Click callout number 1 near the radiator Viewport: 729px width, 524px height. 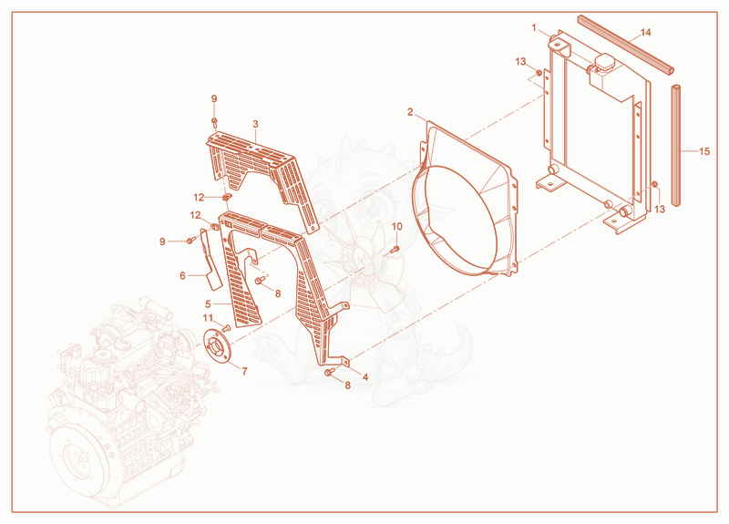(x=534, y=28)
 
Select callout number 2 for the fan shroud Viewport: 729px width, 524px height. (x=409, y=112)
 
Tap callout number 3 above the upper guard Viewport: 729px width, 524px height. (x=256, y=124)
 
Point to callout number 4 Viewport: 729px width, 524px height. (x=365, y=377)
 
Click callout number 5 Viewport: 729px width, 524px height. (x=208, y=304)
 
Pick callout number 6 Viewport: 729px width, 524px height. (x=183, y=276)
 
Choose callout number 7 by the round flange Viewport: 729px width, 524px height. (x=244, y=371)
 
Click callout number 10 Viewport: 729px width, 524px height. (x=396, y=226)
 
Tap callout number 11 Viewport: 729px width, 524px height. (x=208, y=318)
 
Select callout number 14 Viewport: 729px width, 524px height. (x=646, y=33)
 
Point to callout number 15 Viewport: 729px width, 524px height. (x=704, y=151)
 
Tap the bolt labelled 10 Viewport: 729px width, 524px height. (x=395, y=249)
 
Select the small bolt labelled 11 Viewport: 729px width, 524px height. (x=227, y=328)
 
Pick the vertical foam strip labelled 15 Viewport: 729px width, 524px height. (x=675, y=145)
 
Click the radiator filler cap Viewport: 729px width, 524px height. (x=603, y=62)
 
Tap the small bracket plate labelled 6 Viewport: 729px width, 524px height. (x=210, y=258)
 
